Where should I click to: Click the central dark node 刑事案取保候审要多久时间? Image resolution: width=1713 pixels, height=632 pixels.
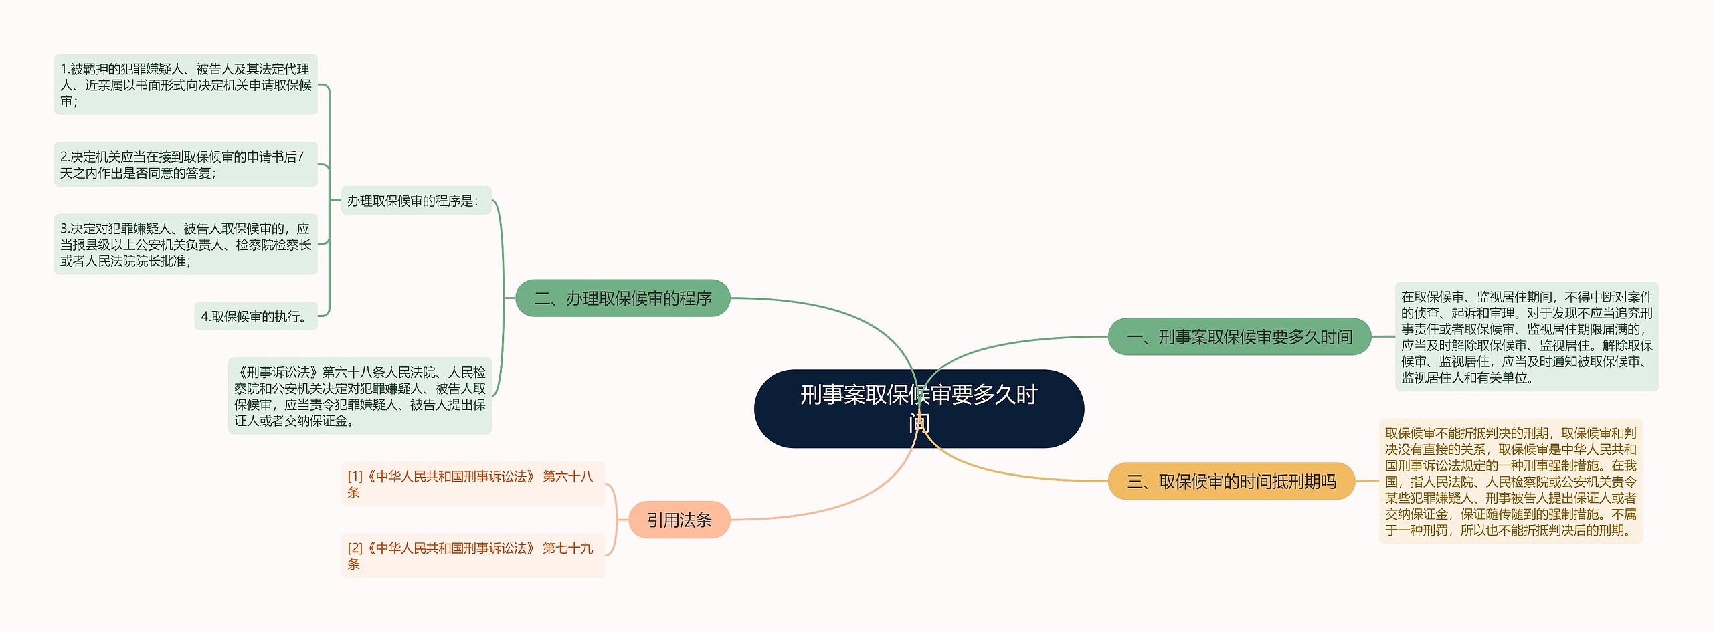click(918, 408)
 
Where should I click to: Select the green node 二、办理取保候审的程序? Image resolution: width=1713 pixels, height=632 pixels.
click(622, 298)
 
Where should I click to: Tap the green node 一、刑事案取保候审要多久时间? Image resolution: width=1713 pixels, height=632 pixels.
click(1239, 337)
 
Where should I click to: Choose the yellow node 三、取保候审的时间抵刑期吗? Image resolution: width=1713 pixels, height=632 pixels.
click(1231, 482)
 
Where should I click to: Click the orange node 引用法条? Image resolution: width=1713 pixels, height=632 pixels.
click(679, 520)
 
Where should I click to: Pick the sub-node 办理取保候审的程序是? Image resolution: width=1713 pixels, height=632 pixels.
click(416, 201)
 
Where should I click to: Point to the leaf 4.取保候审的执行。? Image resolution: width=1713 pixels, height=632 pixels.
click(256, 316)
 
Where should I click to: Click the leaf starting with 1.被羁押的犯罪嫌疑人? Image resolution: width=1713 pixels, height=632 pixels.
click(185, 85)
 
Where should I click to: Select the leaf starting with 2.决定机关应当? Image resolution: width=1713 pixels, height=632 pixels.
click(185, 165)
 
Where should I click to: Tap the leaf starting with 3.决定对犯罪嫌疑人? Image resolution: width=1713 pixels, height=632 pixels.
click(185, 244)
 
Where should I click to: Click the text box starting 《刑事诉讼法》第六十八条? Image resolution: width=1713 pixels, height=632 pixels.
click(359, 396)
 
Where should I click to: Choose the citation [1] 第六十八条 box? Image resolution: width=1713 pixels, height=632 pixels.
click(472, 484)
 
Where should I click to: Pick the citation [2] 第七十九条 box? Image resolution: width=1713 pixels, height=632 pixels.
click(472, 556)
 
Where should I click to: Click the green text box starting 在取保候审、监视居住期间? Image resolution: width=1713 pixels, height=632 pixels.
click(1526, 337)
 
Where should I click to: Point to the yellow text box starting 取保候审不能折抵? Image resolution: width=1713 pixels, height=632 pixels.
click(1510, 482)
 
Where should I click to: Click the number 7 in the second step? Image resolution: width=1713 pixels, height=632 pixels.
click(300, 157)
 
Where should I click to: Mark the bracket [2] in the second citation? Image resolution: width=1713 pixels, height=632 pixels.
click(355, 548)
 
